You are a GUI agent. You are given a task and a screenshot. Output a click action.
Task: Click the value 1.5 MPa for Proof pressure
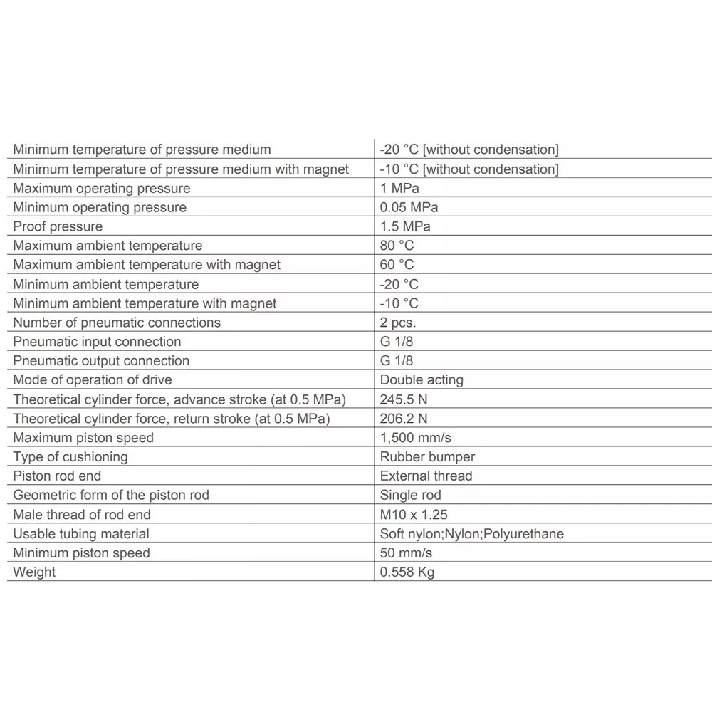click(405, 226)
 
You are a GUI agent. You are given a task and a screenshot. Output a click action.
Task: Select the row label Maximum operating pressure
click(102, 188)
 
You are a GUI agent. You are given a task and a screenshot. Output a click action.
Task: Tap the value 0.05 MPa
click(409, 207)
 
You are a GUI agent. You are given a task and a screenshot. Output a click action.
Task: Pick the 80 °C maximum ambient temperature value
click(397, 246)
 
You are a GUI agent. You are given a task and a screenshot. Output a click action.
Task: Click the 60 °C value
click(397, 265)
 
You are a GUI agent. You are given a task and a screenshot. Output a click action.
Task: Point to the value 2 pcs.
click(398, 323)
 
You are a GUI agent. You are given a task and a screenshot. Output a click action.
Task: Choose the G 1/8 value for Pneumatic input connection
click(397, 342)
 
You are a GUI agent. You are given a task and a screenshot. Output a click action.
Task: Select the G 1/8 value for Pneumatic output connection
click(397, 361)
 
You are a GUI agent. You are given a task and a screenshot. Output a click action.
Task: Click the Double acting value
click(422, 379)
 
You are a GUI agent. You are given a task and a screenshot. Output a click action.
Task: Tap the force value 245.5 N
click(404, 399)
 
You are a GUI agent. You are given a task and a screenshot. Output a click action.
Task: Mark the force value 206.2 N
click(404, 419)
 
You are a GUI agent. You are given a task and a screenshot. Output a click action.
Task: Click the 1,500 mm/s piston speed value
click(416, 437)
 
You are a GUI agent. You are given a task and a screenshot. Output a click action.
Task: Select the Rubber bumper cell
click(427, 456)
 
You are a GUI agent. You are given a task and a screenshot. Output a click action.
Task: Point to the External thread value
click(426, 476)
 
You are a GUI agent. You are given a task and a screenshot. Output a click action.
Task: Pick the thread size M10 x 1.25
click(414, 514)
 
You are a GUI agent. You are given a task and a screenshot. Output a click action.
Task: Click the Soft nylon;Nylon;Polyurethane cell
click(471, 533)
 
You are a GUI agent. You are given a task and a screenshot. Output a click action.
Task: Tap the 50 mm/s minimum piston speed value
click(406, 553)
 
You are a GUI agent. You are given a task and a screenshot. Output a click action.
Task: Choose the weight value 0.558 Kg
click(407, 572)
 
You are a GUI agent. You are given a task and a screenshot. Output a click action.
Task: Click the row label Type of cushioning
click(70, 456)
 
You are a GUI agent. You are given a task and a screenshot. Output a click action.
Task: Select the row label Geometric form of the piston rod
click(111, 495)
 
